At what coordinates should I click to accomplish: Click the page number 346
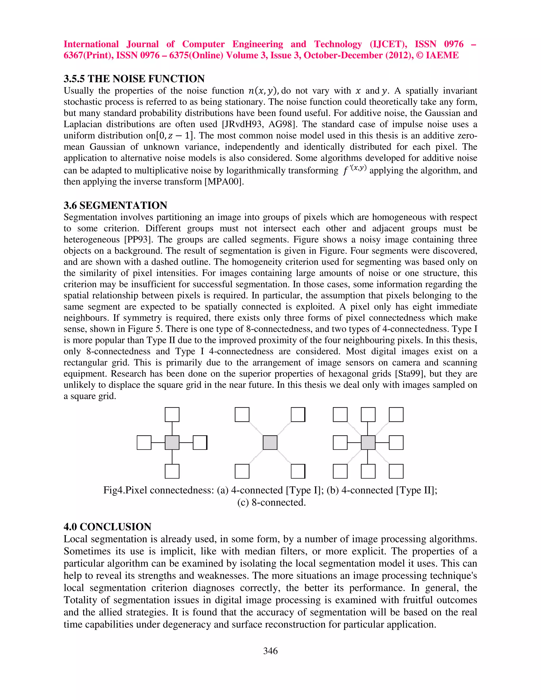coord(270,651)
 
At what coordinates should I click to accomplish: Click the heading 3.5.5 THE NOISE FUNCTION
coord(134,78)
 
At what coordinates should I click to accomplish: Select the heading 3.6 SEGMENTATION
coord(115,205)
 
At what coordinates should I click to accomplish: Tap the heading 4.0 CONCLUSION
coord(107,527)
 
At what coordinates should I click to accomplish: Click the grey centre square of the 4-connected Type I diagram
coord(172,443)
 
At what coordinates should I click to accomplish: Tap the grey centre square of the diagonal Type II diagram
coord(270,443)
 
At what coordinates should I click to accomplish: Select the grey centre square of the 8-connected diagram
coord(368,443)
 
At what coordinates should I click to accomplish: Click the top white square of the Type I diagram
coord(172,414)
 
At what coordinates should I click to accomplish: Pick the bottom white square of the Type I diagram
coord(172,471)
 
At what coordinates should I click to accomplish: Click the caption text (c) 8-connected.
coord(272,502)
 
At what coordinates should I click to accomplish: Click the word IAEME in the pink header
coord(442,55)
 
